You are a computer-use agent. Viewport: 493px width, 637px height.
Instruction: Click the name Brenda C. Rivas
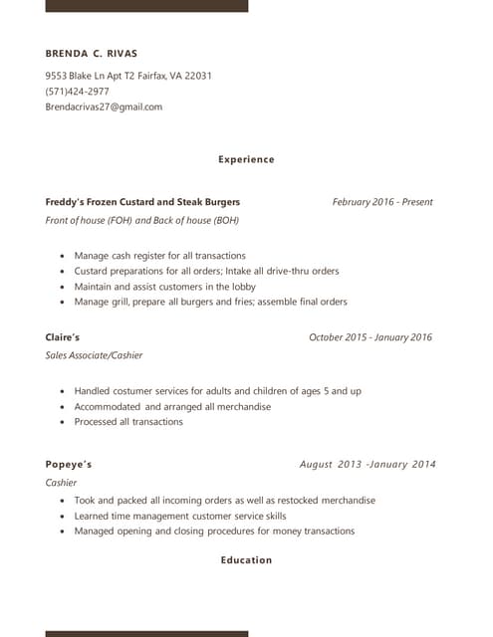coord(92,53)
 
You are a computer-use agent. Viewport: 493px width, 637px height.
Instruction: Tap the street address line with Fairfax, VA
coord(128,76)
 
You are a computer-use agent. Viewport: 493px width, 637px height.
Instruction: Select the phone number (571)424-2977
coord(78,92)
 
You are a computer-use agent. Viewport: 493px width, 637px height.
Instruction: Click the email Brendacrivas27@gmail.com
coord(104,106)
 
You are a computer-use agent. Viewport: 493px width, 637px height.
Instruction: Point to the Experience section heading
coord(246,159)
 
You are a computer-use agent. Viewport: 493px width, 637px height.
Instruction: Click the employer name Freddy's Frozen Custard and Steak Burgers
coord(142,202)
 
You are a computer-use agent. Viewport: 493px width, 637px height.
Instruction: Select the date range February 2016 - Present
coord(382,202)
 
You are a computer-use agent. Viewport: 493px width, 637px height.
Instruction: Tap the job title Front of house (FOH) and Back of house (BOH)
coord(142,220)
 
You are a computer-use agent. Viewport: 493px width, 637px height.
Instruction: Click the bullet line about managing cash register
coord(159,256)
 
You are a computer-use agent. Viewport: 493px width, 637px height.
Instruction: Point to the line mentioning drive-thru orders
coord(206,271)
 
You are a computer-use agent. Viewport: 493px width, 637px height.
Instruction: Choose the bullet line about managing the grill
coord(210,302)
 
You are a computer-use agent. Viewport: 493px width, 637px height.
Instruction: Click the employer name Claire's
coord(63,337)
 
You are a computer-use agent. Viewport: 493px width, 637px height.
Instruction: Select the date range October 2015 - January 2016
coord(370,337)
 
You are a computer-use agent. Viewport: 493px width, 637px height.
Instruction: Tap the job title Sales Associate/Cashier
coord(95,355)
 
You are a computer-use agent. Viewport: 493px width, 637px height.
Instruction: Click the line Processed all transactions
coord(128,422)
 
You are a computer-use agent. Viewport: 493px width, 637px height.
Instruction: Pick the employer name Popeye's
coord(69,464)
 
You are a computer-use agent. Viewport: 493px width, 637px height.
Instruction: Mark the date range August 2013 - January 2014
coord(368,464)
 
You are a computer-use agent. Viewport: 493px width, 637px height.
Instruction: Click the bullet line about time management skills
coord(179,517)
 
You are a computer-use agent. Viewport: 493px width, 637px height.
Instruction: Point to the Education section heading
coord(246,560)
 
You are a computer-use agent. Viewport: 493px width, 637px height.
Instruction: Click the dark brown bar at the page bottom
coord(146,633)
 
